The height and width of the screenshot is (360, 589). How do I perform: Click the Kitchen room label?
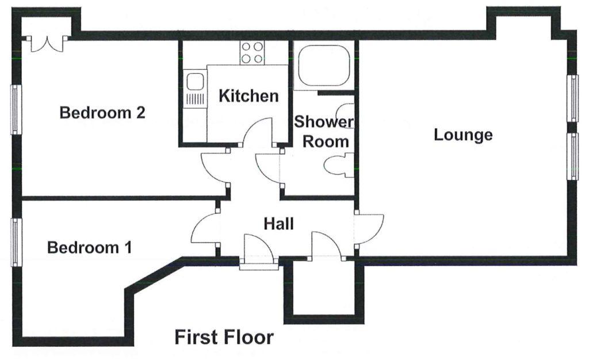click(248, 96)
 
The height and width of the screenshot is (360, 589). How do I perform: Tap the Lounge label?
click(463, 135)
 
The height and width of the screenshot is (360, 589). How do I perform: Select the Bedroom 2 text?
click(102, 113)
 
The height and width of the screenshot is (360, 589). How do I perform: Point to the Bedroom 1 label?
click(89, 248)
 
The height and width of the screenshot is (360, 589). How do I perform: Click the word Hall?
click(279, 224)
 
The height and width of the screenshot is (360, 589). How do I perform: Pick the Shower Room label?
click(324, 132)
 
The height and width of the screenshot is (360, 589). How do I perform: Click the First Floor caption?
click(224, 337)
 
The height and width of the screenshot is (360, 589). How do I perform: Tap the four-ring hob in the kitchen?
click(252, 52)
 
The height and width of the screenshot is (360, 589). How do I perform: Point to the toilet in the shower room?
click(339, 166)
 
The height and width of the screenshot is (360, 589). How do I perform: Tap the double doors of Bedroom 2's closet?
click(47, 44)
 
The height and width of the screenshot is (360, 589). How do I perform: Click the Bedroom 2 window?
click(16, 110)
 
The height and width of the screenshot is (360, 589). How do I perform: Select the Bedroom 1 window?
click(16, 242)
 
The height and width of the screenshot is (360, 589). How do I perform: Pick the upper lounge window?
click(573, 98)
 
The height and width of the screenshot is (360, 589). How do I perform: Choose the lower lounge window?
click(573, 156)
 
